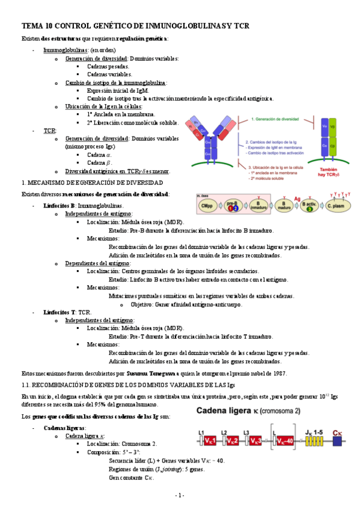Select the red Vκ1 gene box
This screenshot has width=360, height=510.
tap(207, 441)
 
